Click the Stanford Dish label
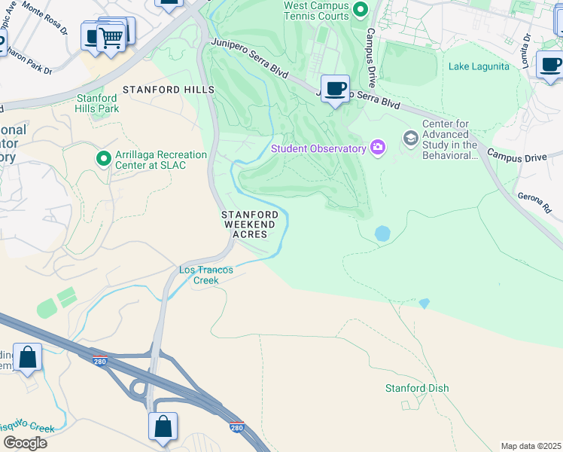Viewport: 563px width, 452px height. pyautogui.click(x=416, y=388)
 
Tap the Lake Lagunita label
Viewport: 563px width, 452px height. pyautogui.click(x=479, y=66)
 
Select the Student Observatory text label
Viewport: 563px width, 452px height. pyautogui.click(x=318, y=148)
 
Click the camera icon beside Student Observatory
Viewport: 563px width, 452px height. pyautogui.click(x=378, y=148)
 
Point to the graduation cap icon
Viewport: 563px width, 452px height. pyautogui.click(x=410, y=137)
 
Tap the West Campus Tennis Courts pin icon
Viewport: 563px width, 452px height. pyautogui.click(x=360, y=10)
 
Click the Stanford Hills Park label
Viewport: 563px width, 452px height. pyautogui.click(x=97, y=103)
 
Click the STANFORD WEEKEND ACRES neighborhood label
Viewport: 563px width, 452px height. pyautogui.click(x=249, y=224)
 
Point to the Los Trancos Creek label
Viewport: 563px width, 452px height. pyautogui.click(x=205, y=275)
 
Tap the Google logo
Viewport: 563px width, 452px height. pyautogui.click(x=24, y=442)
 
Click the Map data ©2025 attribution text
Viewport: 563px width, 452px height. pyautogui.click(x=531, y=445)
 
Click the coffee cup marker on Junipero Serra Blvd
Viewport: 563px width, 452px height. pyautogui.click(x=334, y=89)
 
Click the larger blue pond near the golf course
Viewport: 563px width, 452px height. pyautogui.click(x=382, y=234)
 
